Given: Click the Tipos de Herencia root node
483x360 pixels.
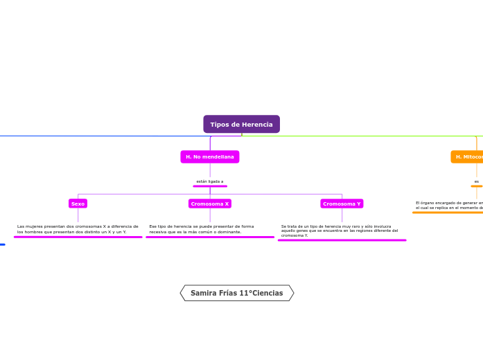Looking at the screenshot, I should pyautogui.click(x=241, y=125).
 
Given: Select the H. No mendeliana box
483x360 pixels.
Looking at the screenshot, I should pyautogui.click(x=209, y=157).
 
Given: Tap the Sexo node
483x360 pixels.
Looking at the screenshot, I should pyautogui.click(x=78, y=204).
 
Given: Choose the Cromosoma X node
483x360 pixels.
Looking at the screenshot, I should pyautogui.click(x=209, y=204).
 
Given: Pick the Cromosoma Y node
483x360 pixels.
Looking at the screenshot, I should pyautogui.click(x=342, y=204).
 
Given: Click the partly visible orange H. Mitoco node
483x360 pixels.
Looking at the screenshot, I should pyautogui.click(x=468, y=157).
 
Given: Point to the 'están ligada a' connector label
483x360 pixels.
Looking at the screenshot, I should pyautogui.click(x=209, y=181).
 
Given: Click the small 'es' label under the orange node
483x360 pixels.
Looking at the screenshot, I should pyautogui.click(x=476, y=181).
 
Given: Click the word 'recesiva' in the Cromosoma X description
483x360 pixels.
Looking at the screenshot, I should pyautogui.click(x=158, y=232).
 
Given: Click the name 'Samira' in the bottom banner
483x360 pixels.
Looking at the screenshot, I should pyautogui.click(x=203, y=294).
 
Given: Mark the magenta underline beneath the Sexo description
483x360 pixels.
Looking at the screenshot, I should pyautogui.click(x=78, y=237).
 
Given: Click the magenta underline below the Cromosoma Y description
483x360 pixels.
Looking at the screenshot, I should pyautogui.click(x=342, y=240).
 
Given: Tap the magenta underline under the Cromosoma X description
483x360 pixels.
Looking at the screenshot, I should pyautogui.click(x=209, y=237).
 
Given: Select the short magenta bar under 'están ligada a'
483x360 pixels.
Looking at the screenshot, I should pyautogui.click(x=209, y=186).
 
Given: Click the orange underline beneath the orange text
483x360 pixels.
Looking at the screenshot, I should pyautogui.click(x=447, y=213).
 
